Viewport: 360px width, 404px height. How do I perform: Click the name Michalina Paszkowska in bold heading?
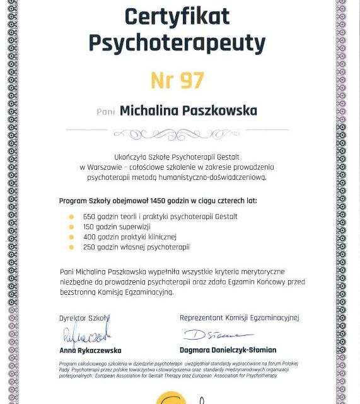188,111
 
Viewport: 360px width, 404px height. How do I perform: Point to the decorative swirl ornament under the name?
177,134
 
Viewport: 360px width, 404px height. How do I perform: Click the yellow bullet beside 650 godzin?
71,217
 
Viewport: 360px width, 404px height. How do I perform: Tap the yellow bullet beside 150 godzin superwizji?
71,227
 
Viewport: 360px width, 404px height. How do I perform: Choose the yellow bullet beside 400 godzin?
71,237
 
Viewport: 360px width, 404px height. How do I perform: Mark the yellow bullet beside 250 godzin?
71,247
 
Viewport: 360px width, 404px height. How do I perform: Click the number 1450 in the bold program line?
160,201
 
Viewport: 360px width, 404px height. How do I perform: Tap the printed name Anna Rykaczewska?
90,350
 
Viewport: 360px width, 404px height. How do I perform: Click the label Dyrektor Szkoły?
84,318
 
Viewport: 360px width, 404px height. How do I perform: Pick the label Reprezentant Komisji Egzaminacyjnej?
239,318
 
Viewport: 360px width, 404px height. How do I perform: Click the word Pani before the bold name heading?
106,112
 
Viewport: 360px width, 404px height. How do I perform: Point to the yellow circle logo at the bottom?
171,399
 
